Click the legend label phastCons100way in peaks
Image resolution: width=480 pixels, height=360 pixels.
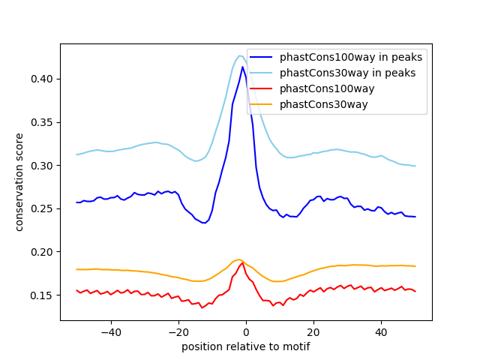(351, 57)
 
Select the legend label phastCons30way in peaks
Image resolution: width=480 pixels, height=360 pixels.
(347, 73)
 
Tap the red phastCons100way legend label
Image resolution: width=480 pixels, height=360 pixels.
(327, 88)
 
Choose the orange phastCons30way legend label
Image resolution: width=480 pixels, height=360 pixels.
(324, 104)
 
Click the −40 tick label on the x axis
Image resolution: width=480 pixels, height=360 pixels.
(110, 332)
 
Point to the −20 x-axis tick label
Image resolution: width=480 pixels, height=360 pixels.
(178, 332)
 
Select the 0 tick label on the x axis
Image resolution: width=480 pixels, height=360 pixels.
(246, 332)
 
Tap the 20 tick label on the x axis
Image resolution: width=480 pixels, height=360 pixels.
(313, 332)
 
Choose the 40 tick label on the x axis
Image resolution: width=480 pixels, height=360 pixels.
(381, 332)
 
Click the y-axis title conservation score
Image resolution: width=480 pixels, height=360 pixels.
(20, 181)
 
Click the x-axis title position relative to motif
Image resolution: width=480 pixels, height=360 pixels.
(246, 346)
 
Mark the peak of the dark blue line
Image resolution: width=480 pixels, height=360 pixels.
(242, 67)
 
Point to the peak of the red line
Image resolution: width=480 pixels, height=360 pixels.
(242, 262)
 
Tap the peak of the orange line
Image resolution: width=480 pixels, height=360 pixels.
(238, 259)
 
